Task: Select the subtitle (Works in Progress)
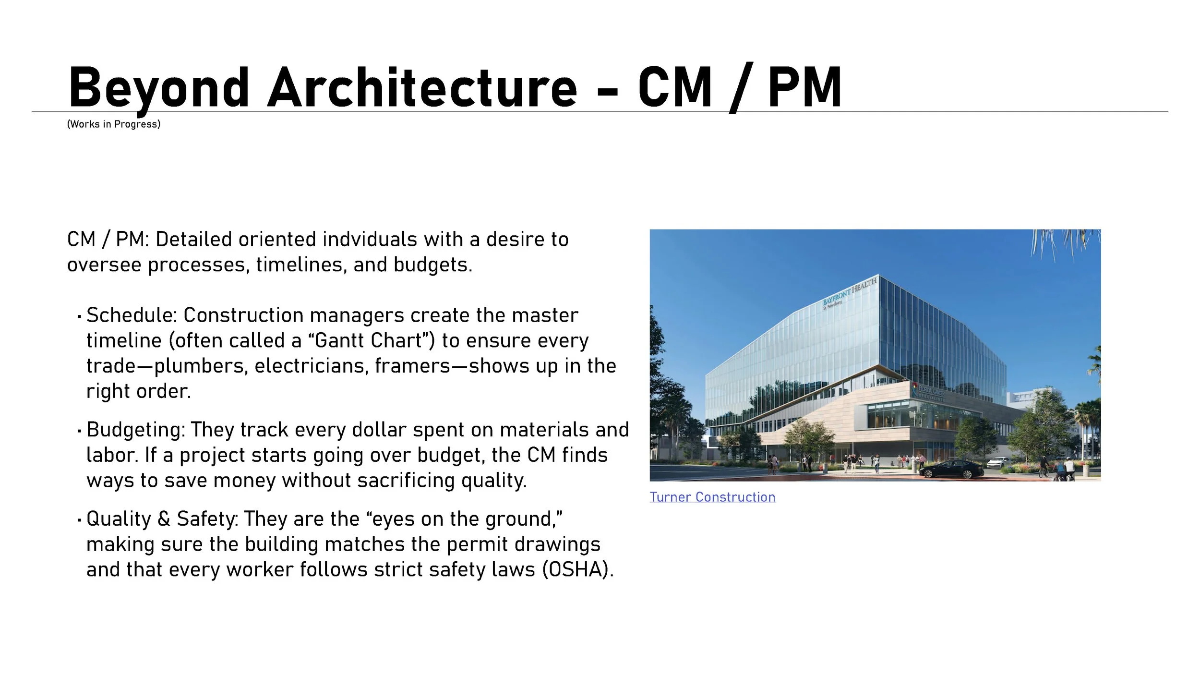click(x=114, y=124)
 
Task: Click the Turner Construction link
click(x=712, y=497)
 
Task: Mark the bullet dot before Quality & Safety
click(x=79, y=520)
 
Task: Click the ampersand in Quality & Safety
click(x=164, y=519)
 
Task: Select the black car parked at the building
click(x=951, y=469)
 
